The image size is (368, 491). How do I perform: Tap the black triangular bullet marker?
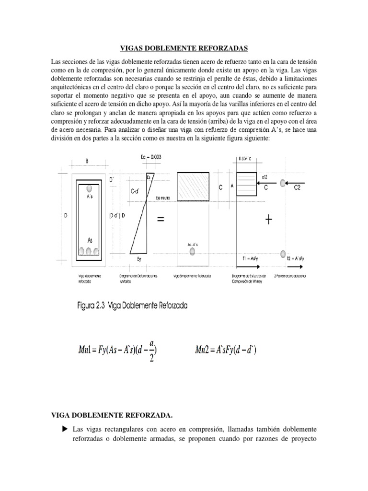point(65,428)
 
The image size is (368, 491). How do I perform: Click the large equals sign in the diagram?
point(160,220)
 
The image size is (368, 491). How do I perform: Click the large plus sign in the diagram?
point(268,220)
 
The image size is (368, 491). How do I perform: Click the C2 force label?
point(297,188)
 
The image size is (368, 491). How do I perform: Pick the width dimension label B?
point(87,162)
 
